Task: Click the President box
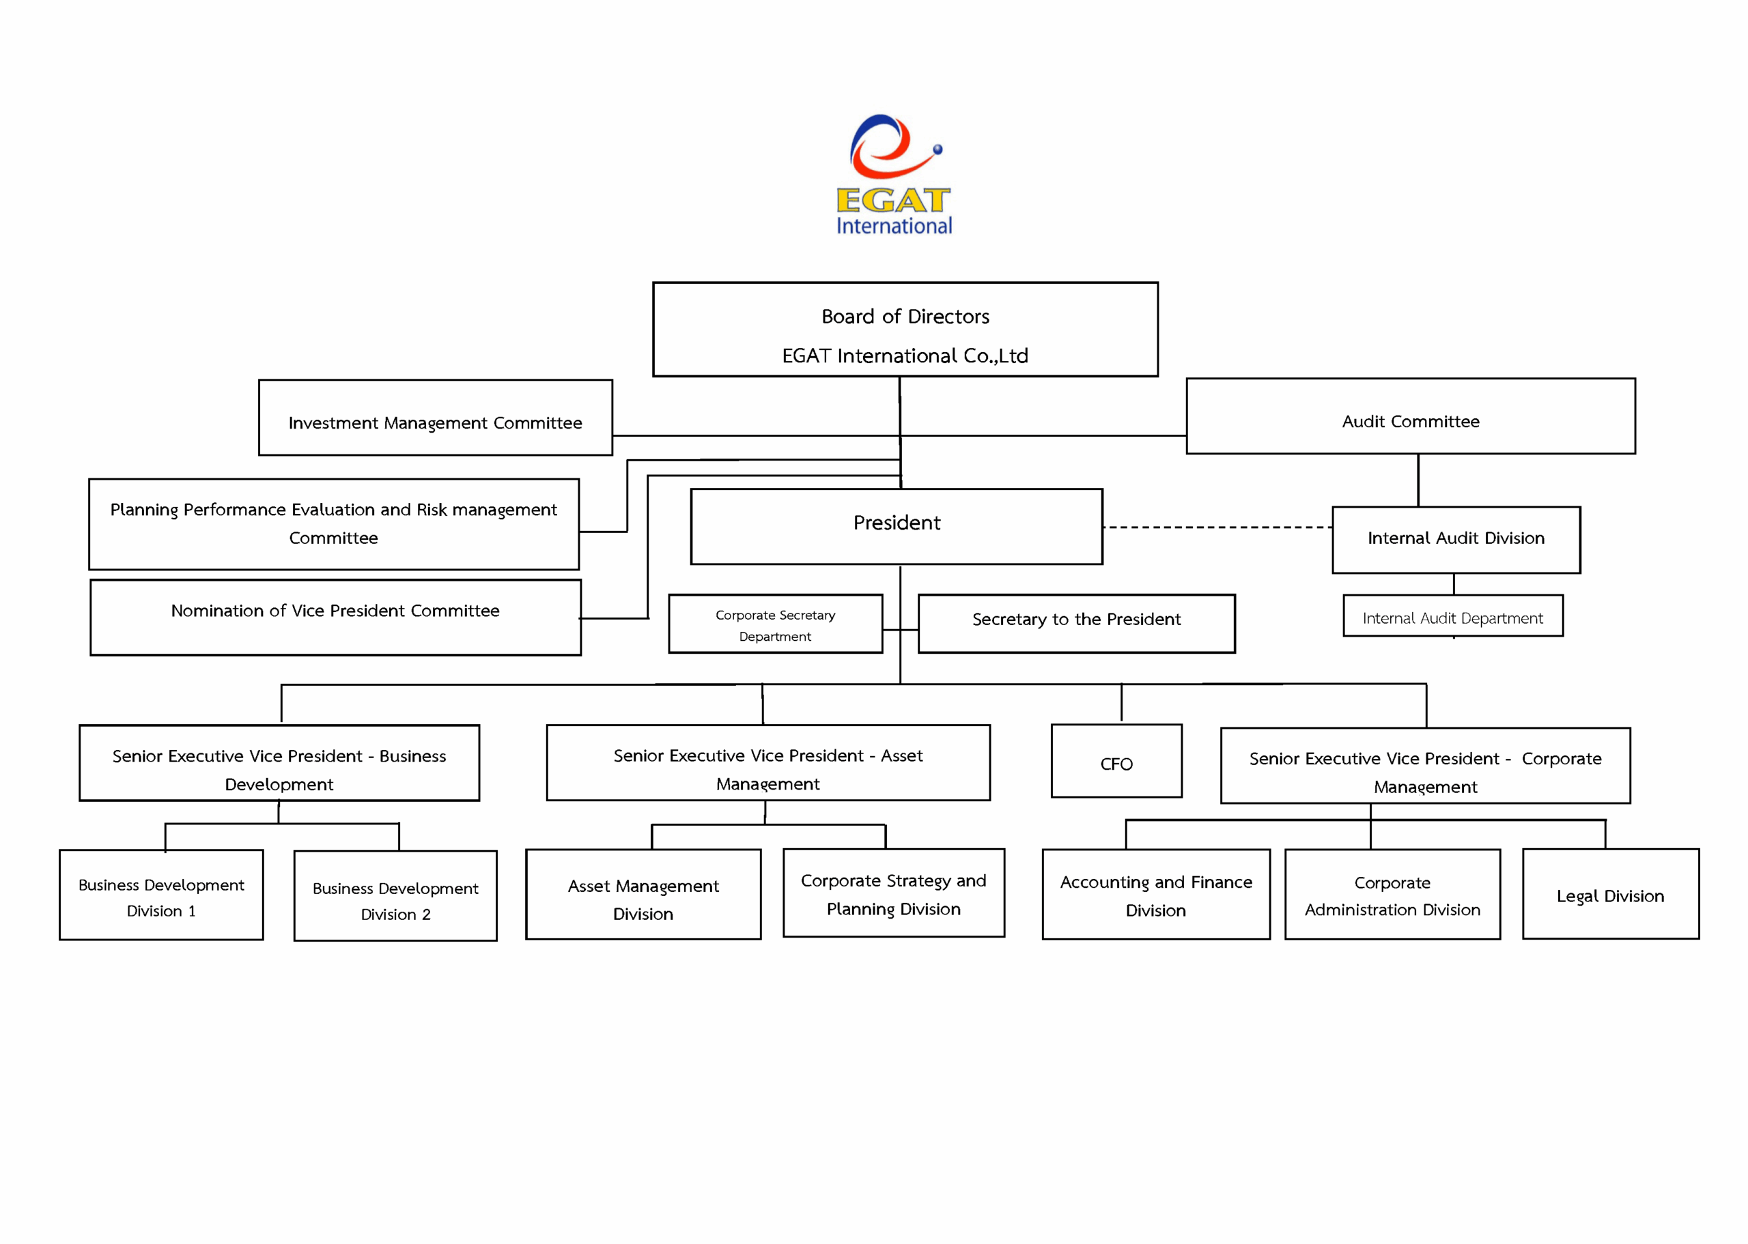(896, 526)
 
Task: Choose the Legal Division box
(1610, 894)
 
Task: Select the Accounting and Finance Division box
(1155, 895)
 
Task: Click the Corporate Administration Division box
(1392, 895)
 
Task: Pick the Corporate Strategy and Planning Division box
(894, 893)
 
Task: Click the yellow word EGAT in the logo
(892, 200)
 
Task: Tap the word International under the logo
(894, 226)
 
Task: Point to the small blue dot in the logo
(938, 149)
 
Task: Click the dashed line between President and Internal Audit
(1217, 527)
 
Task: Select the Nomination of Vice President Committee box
(335, 618)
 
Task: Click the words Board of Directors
(905, 317)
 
